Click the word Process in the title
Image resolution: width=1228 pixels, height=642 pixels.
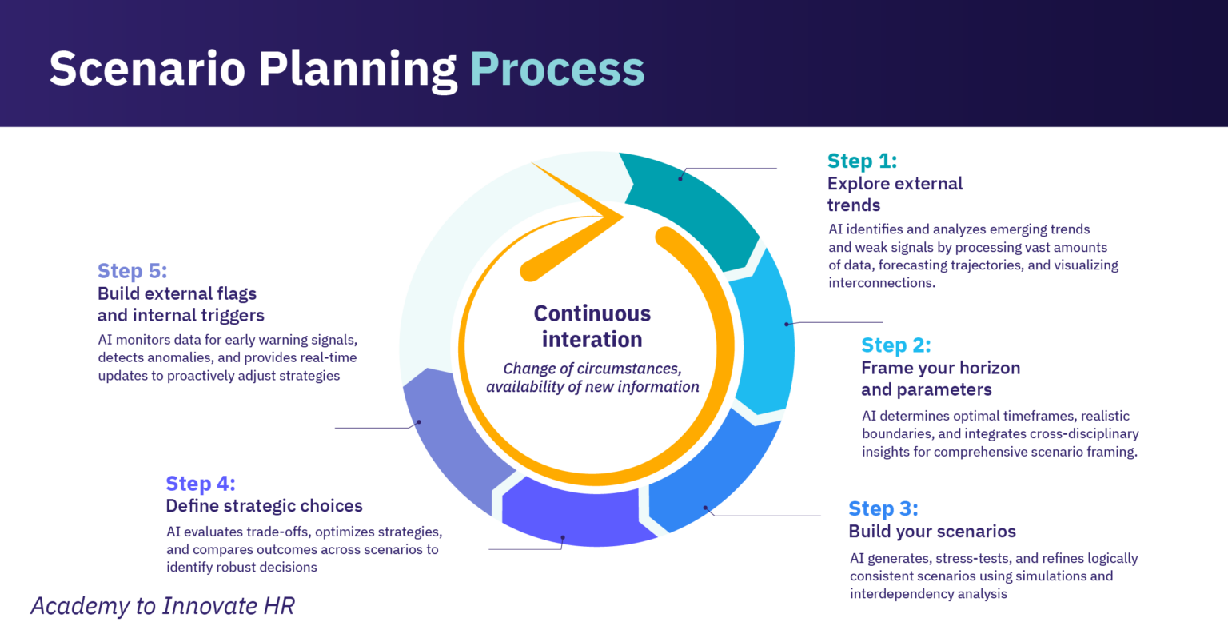click(x=556, y=69)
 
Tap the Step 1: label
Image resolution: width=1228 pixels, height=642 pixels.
click(x=862, y=161)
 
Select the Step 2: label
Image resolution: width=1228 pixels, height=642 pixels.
click(x=895, y=345)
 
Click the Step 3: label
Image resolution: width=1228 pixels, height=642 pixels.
click(x=883, y=508)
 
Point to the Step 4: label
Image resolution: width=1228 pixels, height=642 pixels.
click(x=200, y=484)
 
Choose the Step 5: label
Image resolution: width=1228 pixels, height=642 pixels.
click(x=132, y=271)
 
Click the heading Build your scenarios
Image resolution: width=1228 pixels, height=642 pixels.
click(x=931, y=532)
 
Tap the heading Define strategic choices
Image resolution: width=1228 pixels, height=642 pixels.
click(x=264, y=506)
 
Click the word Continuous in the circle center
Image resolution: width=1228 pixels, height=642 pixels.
click(x=592, y=313)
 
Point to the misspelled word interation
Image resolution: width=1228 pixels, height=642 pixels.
click(x=592, y=340)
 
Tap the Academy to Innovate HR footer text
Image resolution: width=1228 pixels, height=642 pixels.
click(x=162, y=606)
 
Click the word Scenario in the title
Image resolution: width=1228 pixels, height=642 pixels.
click(x=148, y=69)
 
